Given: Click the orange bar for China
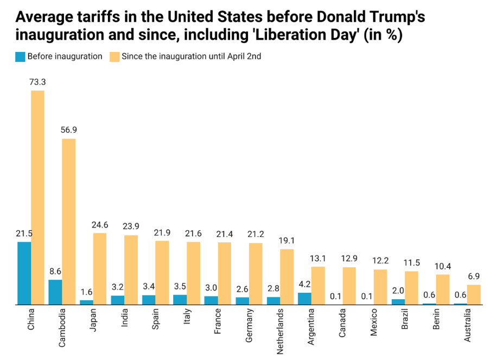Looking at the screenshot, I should (x=37, y=198).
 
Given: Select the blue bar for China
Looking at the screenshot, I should (x=24, y=273).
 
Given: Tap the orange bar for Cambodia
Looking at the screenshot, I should (x=68, y=222).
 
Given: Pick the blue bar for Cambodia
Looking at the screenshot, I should (x=55, y=292).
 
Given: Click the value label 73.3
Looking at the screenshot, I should (x=37, y=82).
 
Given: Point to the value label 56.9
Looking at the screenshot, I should (x=68, y=130).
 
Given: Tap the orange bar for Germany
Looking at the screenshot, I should (x=256, y=274).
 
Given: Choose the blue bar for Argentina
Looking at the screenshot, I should (x=304, y=299).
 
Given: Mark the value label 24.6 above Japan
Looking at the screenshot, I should (x=99, y=224).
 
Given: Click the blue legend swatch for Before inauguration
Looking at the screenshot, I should (x=20, y=56).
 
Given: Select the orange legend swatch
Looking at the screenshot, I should (x=114, y=56).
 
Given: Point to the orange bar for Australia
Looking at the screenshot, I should (x=474, y=295).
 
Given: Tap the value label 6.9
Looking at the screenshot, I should (x=474, y=276).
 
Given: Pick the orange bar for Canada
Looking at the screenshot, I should (x=349, y=286).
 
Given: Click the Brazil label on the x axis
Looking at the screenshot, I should (x=404, y=321).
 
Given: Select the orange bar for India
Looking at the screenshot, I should (x=131, y=270).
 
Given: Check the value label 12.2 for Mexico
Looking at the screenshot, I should (x=380, y=261).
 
